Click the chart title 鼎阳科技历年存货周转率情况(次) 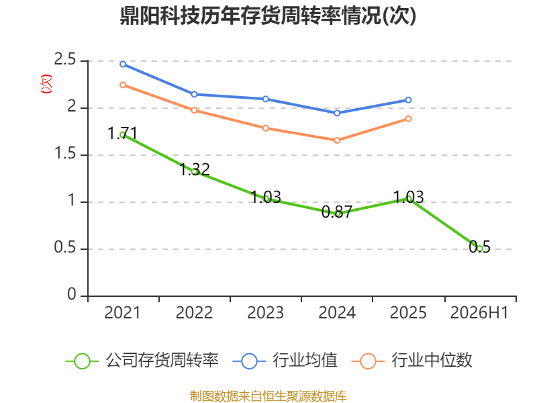268,15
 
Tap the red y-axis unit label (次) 46,84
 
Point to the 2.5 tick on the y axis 64,60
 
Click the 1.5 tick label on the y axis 64,154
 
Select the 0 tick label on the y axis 72,294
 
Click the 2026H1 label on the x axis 479,313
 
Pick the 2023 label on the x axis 265,313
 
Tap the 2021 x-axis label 122,313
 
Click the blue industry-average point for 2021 123,64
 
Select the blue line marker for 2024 337,113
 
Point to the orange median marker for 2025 408,119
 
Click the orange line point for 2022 194,110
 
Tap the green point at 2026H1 480,249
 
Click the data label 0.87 337,212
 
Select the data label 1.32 195,170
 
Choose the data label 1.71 123,133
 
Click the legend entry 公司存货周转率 142,361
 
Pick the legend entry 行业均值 285,361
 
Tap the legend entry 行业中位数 412,361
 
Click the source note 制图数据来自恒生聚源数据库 268,396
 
